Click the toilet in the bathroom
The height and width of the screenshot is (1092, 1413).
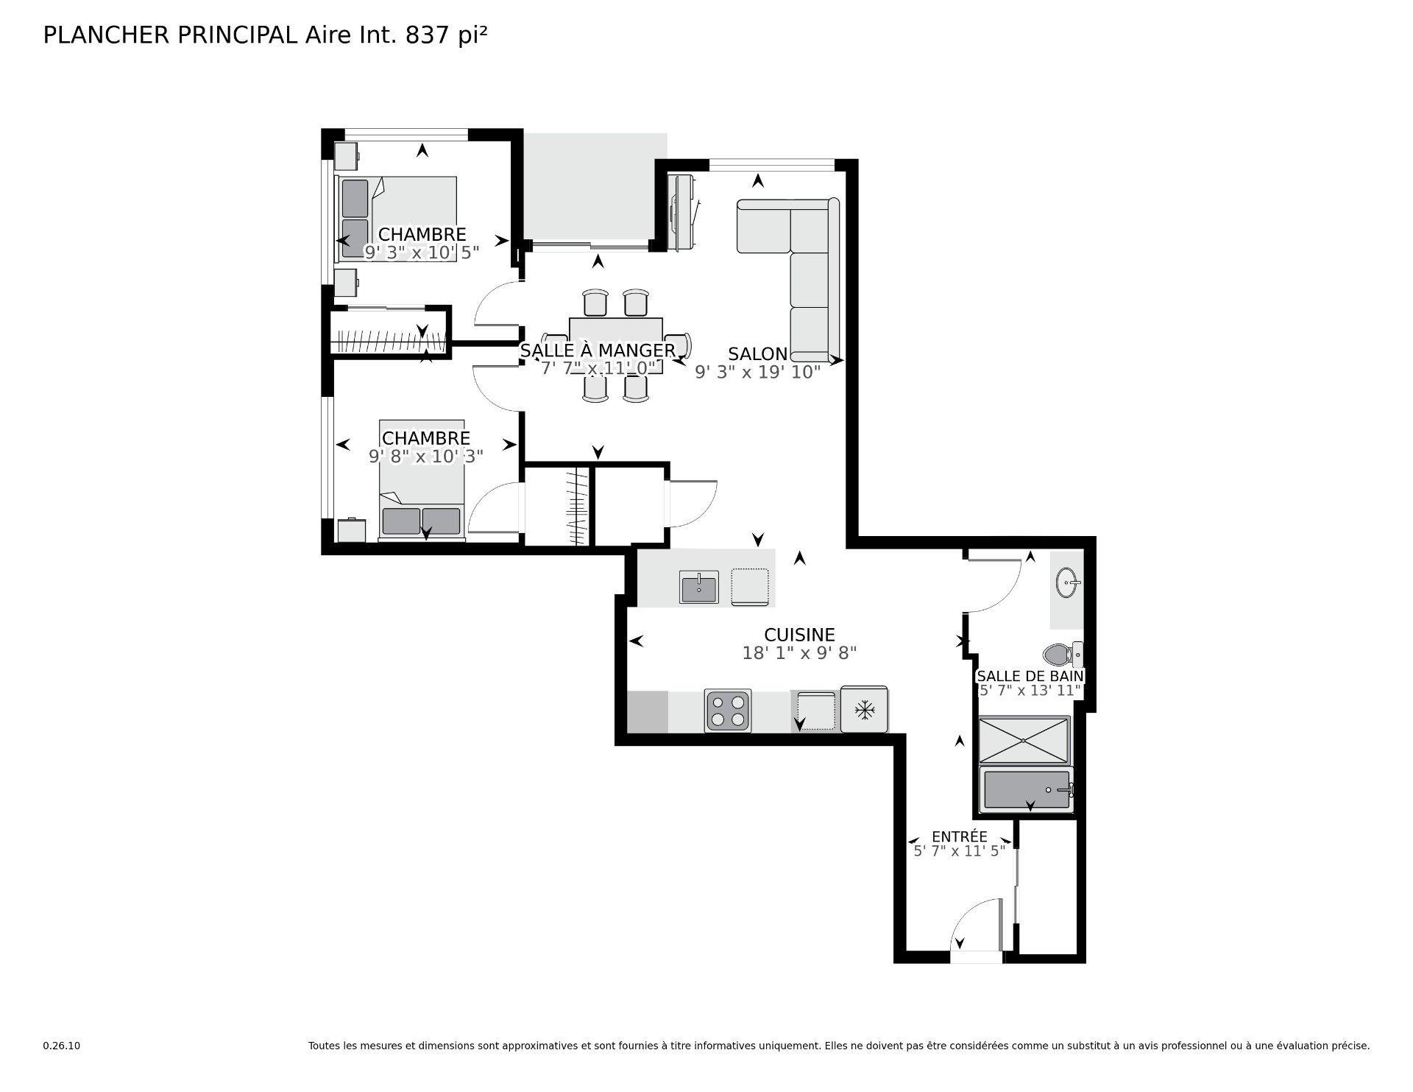(1060, 653)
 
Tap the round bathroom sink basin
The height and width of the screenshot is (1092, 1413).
(1067, 583)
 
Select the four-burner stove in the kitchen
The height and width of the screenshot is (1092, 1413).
(727, 711)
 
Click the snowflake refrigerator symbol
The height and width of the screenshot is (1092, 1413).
(864, 711)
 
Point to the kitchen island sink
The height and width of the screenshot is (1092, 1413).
(698, 588)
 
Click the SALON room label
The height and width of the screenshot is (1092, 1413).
(757, 353)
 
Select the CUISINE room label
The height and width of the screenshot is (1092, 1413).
(799, 635)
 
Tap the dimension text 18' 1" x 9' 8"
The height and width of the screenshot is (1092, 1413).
(799, 653)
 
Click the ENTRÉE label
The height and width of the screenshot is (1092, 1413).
(959, 836)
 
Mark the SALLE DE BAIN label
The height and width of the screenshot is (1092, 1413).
(1029, 676)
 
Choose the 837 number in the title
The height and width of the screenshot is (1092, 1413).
(427, 35)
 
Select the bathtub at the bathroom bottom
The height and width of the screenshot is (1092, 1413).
(1026, 789)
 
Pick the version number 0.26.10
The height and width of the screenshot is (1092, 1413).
(61, 1046)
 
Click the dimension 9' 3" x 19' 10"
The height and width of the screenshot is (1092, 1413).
(757, 373)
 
